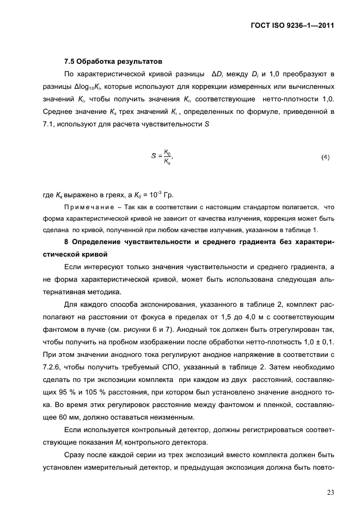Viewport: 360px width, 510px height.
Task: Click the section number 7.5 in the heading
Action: [70, 61]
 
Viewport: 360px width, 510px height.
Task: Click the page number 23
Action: [330, 493]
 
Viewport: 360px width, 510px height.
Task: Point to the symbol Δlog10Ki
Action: [87, 87]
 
